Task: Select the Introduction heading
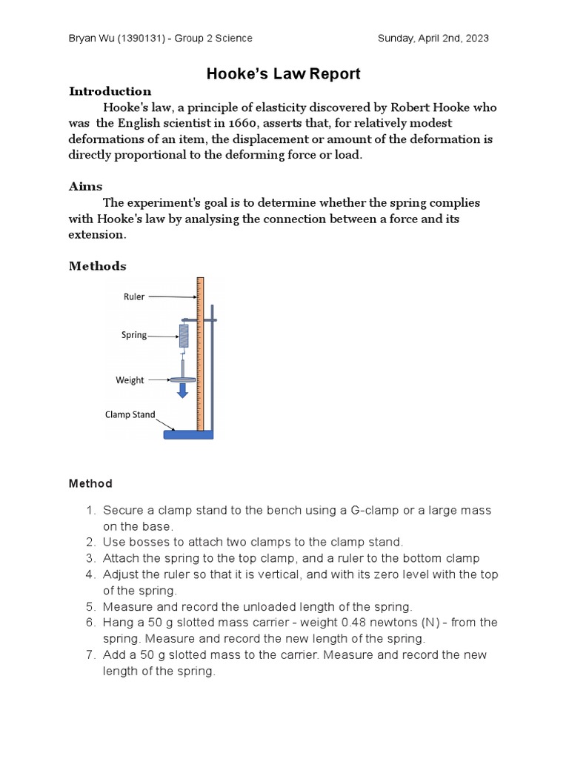pyautogui.click(x=110, y=91)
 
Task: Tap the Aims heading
pyautogui.click(x=85, y=186)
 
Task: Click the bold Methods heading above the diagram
pyautogui.click(x=97, y=265)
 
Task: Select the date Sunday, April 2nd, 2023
pyautogui.click(x=433, y=39)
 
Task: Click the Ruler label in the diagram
pyautogui.click(x=133, y=296)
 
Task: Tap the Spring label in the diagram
pyautogui.click(x=134, y=335)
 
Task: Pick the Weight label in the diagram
pyautogui.click(x=130, y=380)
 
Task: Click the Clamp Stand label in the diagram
pyautogui.click(x=130, y=415)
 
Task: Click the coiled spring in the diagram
pyautogui.click(x=184, y=336)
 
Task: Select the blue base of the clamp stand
pyautogui.click(x=187, y=434)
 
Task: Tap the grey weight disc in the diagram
pyautogui.click(x=182, y=379)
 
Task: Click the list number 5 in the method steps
pyautogui.click(x=90, y=606)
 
